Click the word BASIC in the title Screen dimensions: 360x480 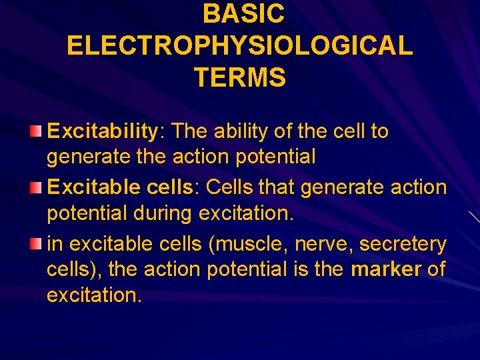(x=243, y=13)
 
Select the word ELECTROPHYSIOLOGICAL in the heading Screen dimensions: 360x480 (x=240, y=45)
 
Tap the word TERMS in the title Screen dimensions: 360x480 (x=240, y=78)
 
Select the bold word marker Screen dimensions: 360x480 (x=386, y=270)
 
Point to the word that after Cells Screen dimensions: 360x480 (x=274, y=188)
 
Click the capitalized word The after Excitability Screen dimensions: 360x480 (x=191, y=131)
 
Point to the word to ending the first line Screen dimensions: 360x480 (x=379, y=131)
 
